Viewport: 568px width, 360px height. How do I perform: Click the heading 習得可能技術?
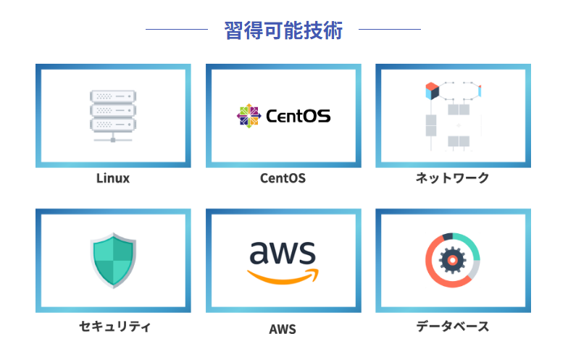click(283, 30)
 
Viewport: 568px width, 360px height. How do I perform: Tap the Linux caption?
click(113, 178)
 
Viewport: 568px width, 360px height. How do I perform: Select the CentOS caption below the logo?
click(283, 178)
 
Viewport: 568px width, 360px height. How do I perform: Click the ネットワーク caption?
click(453, 178)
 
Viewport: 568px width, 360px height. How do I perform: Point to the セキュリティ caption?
click(114, 327)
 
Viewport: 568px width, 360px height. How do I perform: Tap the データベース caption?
click(453, 327)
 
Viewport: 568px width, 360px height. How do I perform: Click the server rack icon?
click(113, 115)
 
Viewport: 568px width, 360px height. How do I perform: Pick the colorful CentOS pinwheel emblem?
click(248, 115)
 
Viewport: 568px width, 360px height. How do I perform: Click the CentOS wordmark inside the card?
click(298, 116)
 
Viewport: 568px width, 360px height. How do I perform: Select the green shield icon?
click(113, 260)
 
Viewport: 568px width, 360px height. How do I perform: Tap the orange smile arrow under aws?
click(283, 276)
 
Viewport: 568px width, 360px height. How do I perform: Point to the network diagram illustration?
click(453, 115)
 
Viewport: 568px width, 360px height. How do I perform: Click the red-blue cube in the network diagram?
click(432, 90)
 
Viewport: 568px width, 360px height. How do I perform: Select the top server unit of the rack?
click(113, 96)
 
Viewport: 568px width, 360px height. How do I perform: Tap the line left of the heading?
click(177, 30)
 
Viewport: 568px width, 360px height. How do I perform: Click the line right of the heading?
click(390, 30)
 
